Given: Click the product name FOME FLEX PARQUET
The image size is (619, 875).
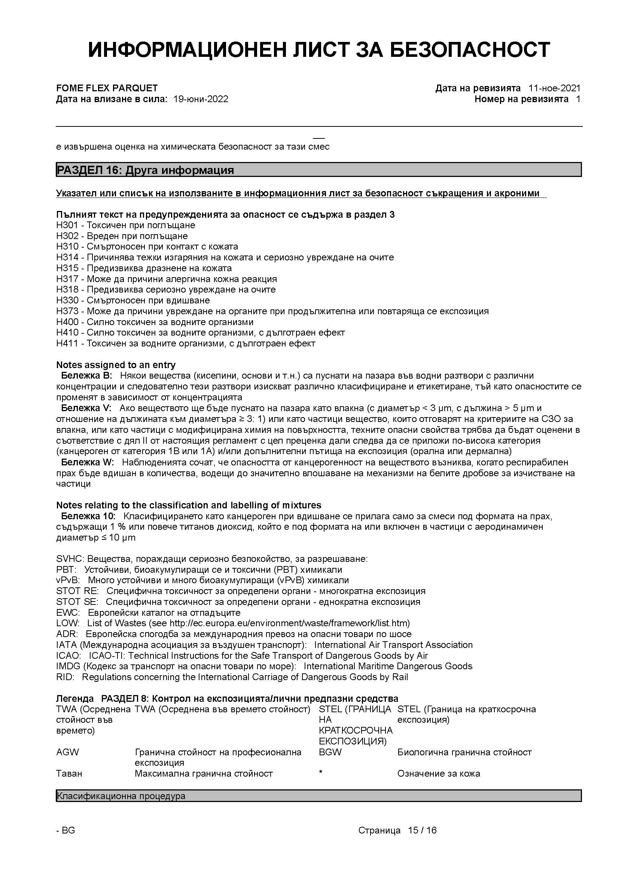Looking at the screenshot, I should pyautogui.click(x=107, y=88).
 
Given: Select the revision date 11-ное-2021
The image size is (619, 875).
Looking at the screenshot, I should pyautogui.click(x=554, y=88).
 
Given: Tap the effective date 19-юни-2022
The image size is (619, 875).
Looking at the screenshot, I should pyautogui.click(x=201, y=99).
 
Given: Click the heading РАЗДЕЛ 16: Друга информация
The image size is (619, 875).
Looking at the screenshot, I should pyautogui.click(x=145, y=170).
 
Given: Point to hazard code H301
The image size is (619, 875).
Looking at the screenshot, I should pyautogui.click(x=67, y=225).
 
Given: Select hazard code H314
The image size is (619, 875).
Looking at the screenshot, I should pyautogui.click(x=67, y=257).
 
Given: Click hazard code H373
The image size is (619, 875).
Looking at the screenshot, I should pyautogui.click(x=67, y=311).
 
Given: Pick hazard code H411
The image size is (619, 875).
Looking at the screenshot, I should pyautogui.click(x=67, y=343).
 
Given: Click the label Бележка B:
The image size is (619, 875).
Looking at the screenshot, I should pyautogui.click(x=86, y=375).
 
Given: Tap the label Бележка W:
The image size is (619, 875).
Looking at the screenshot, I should pyautogui.click(x=87, y=462).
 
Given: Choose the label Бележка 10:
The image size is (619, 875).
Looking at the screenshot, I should pyautogui.click(x=88, y=516).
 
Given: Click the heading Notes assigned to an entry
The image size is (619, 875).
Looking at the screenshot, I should pyautogui.click(x=116, y=365).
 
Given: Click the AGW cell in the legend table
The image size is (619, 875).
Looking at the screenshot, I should pyautogui.click(x=67, y=752).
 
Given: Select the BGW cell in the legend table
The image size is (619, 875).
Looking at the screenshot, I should pyautogui.click(x=330, y=752).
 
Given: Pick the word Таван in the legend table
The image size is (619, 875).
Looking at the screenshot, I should pyautogui.click(x=69, y=774).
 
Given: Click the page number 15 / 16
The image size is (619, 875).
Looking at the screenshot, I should pyautogui.click(x=422, y=830).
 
